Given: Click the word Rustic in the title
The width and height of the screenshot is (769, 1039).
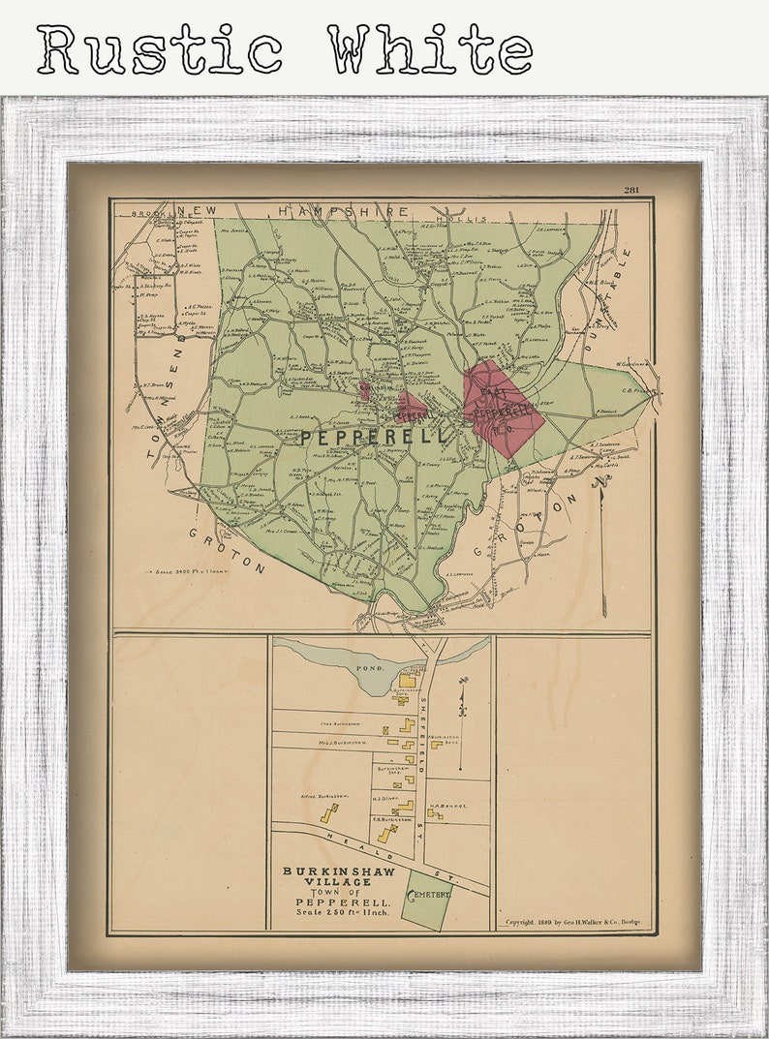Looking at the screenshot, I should click(x=159, y=50).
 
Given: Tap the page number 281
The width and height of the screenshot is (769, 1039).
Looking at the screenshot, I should click(x=632, y=190).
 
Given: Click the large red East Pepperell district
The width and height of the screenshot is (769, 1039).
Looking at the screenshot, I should click(x=501, y=407).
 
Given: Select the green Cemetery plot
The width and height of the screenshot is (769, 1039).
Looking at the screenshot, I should click(x=426, y=900).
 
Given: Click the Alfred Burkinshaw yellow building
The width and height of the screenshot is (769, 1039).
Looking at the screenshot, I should click(x=329, y=812).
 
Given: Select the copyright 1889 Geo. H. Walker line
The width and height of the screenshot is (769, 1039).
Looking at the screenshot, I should click(x=575, y=923).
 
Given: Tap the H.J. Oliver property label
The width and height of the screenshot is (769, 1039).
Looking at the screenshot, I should click(x=386, y=799).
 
